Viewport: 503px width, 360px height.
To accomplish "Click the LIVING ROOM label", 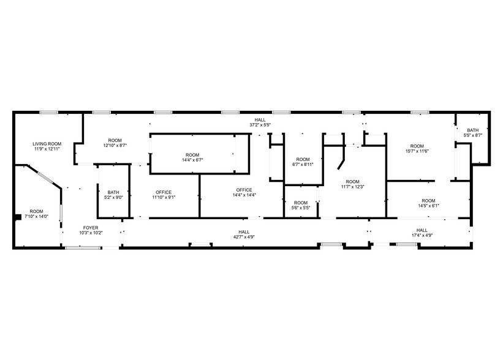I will pos(47,144).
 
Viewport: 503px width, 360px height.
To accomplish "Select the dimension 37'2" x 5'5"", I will pos(260,124).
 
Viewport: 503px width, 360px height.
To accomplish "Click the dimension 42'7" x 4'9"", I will pos(244,236).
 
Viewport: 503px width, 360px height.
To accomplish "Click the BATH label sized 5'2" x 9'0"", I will pos(113,192).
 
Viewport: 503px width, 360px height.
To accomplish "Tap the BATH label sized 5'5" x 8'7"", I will pos(472,130).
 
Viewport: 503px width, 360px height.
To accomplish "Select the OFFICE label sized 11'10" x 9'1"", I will pos(164,192).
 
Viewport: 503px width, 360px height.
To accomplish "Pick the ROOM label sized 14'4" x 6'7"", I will pos(192,155).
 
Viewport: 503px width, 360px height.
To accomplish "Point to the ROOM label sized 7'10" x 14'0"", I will pos(37,211).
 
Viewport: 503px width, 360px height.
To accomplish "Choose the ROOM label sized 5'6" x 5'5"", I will pos(301,203).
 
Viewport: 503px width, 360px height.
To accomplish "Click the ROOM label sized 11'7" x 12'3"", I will pos(352,182).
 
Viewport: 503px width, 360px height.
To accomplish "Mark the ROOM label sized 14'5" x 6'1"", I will pos(428,201).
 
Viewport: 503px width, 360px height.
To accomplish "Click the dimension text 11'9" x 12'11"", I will pos(47,149).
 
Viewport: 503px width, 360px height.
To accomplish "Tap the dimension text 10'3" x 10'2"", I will pos(91,233).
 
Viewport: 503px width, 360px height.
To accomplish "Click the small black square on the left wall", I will pos(17,216).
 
